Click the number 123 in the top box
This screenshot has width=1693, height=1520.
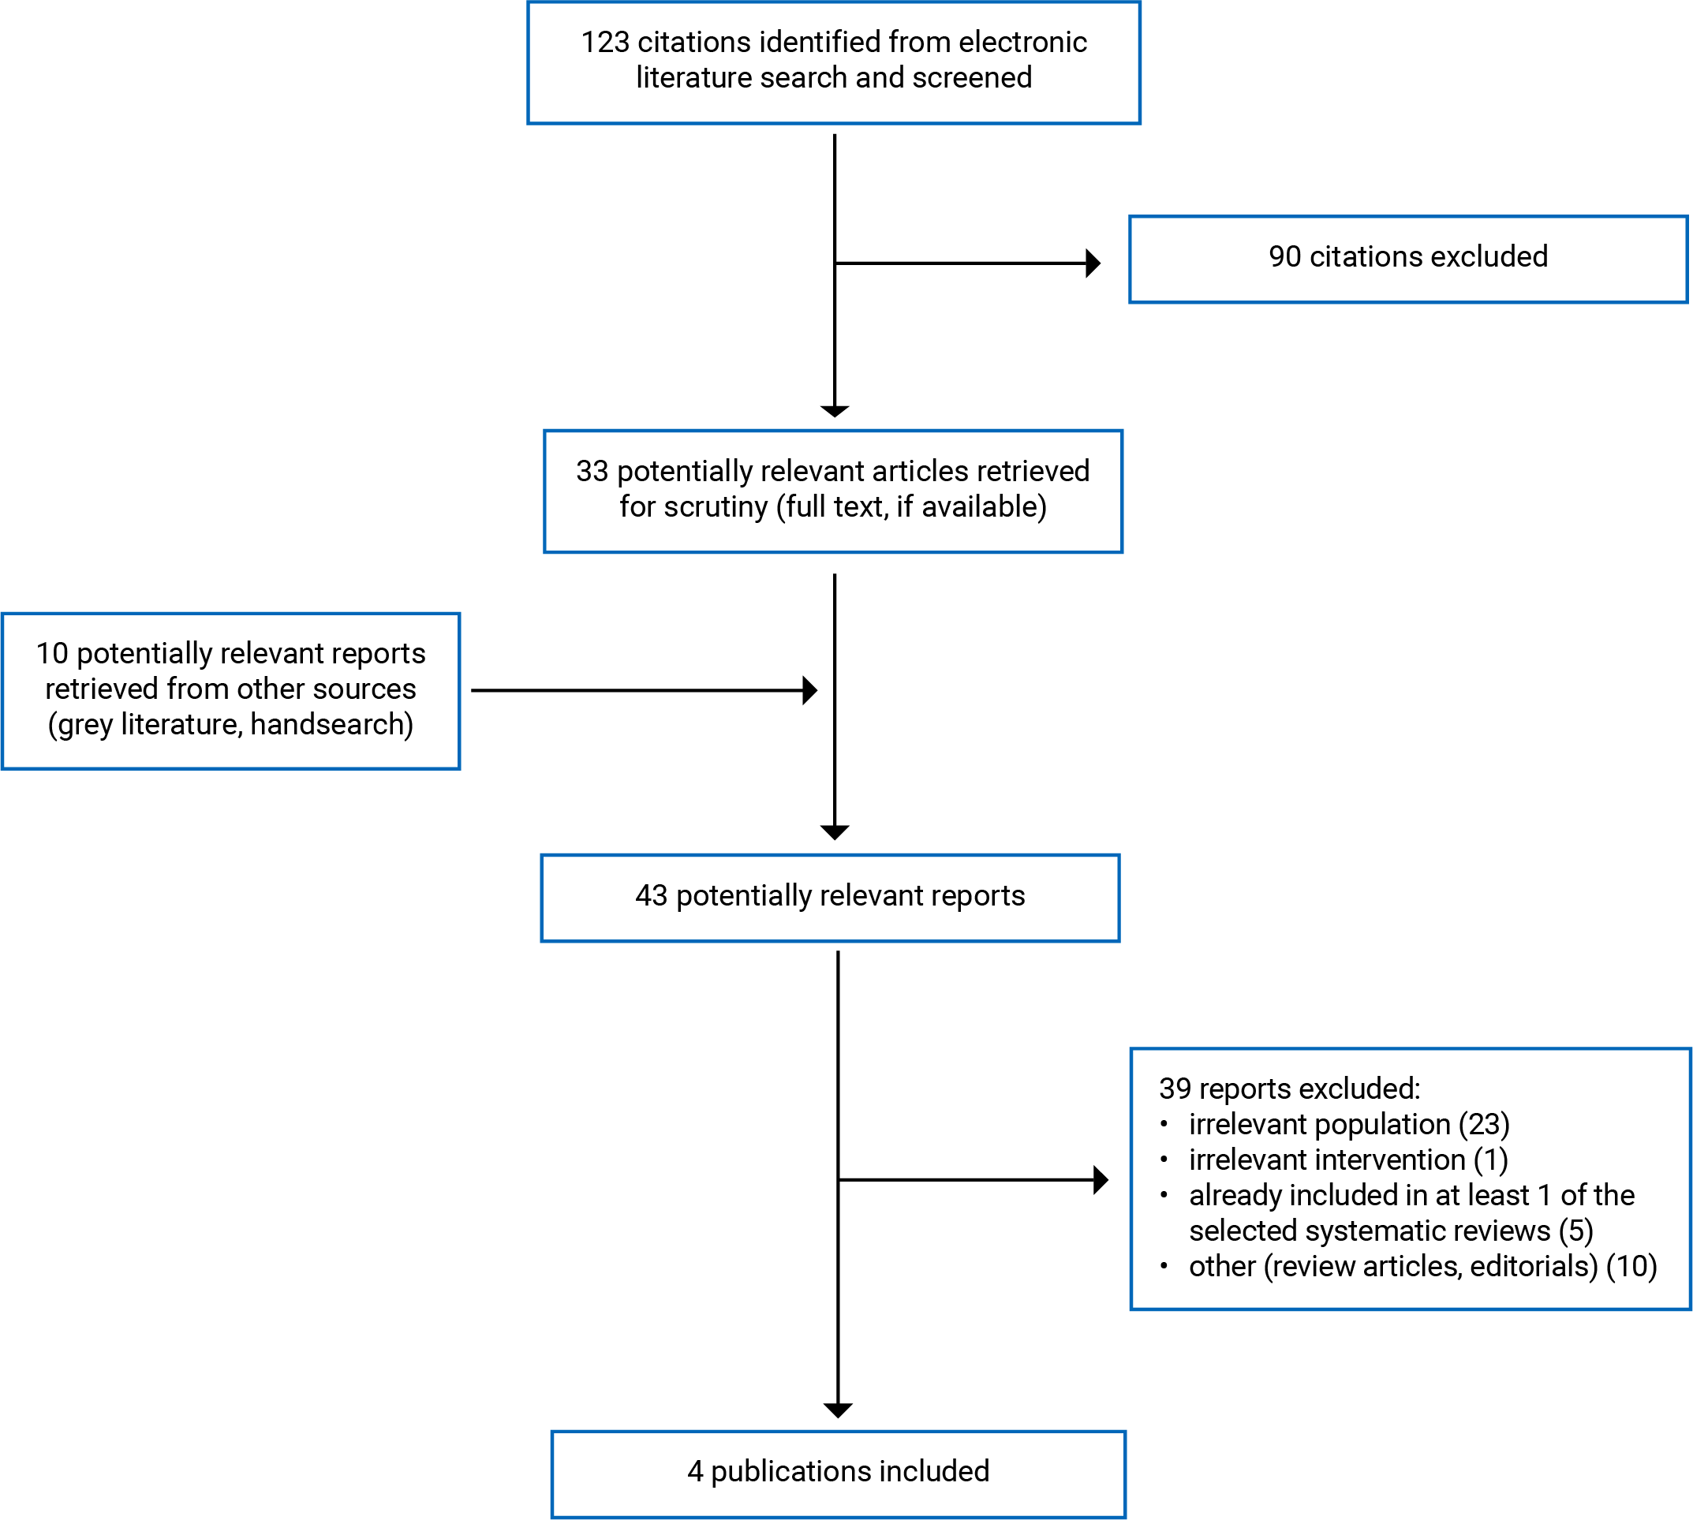pyautogui.click(x=605, y=42)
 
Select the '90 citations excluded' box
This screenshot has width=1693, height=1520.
pyautogui.click(x=1407, y=259)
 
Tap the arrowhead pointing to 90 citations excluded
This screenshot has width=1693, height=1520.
pyautogui.click(x=1093, y=263)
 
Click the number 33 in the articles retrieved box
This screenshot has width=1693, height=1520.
pyautogui.click(x=592, y=471)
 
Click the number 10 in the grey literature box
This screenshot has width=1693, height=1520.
pyautogui.click(x=52, y=653)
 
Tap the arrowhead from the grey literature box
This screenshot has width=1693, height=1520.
pyautogui.click(x=809, y=691)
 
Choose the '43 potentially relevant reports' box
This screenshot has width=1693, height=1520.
pyautogui.click(x=829, y=898)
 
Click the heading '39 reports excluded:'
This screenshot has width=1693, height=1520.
pyautogui.click(x=1289, y=1089)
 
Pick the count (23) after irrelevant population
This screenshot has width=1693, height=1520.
pyautogui.click(x=1483, y=1124)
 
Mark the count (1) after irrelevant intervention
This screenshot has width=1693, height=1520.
pyautogui.click(x=1490, y=1160)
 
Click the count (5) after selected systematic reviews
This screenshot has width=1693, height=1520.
pyautogui.click(x=1575, y=1231)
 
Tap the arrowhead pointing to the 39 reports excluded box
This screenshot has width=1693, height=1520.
pyautogui.click(x=1101, y=1179)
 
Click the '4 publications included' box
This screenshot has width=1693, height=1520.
pyautogui.click(x=838, y=1473)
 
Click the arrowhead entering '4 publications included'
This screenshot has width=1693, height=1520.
pyautogui.click(x=838, y=1410)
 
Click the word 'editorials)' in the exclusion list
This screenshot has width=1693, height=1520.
pyautogui.click(x=1534, y=1266)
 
